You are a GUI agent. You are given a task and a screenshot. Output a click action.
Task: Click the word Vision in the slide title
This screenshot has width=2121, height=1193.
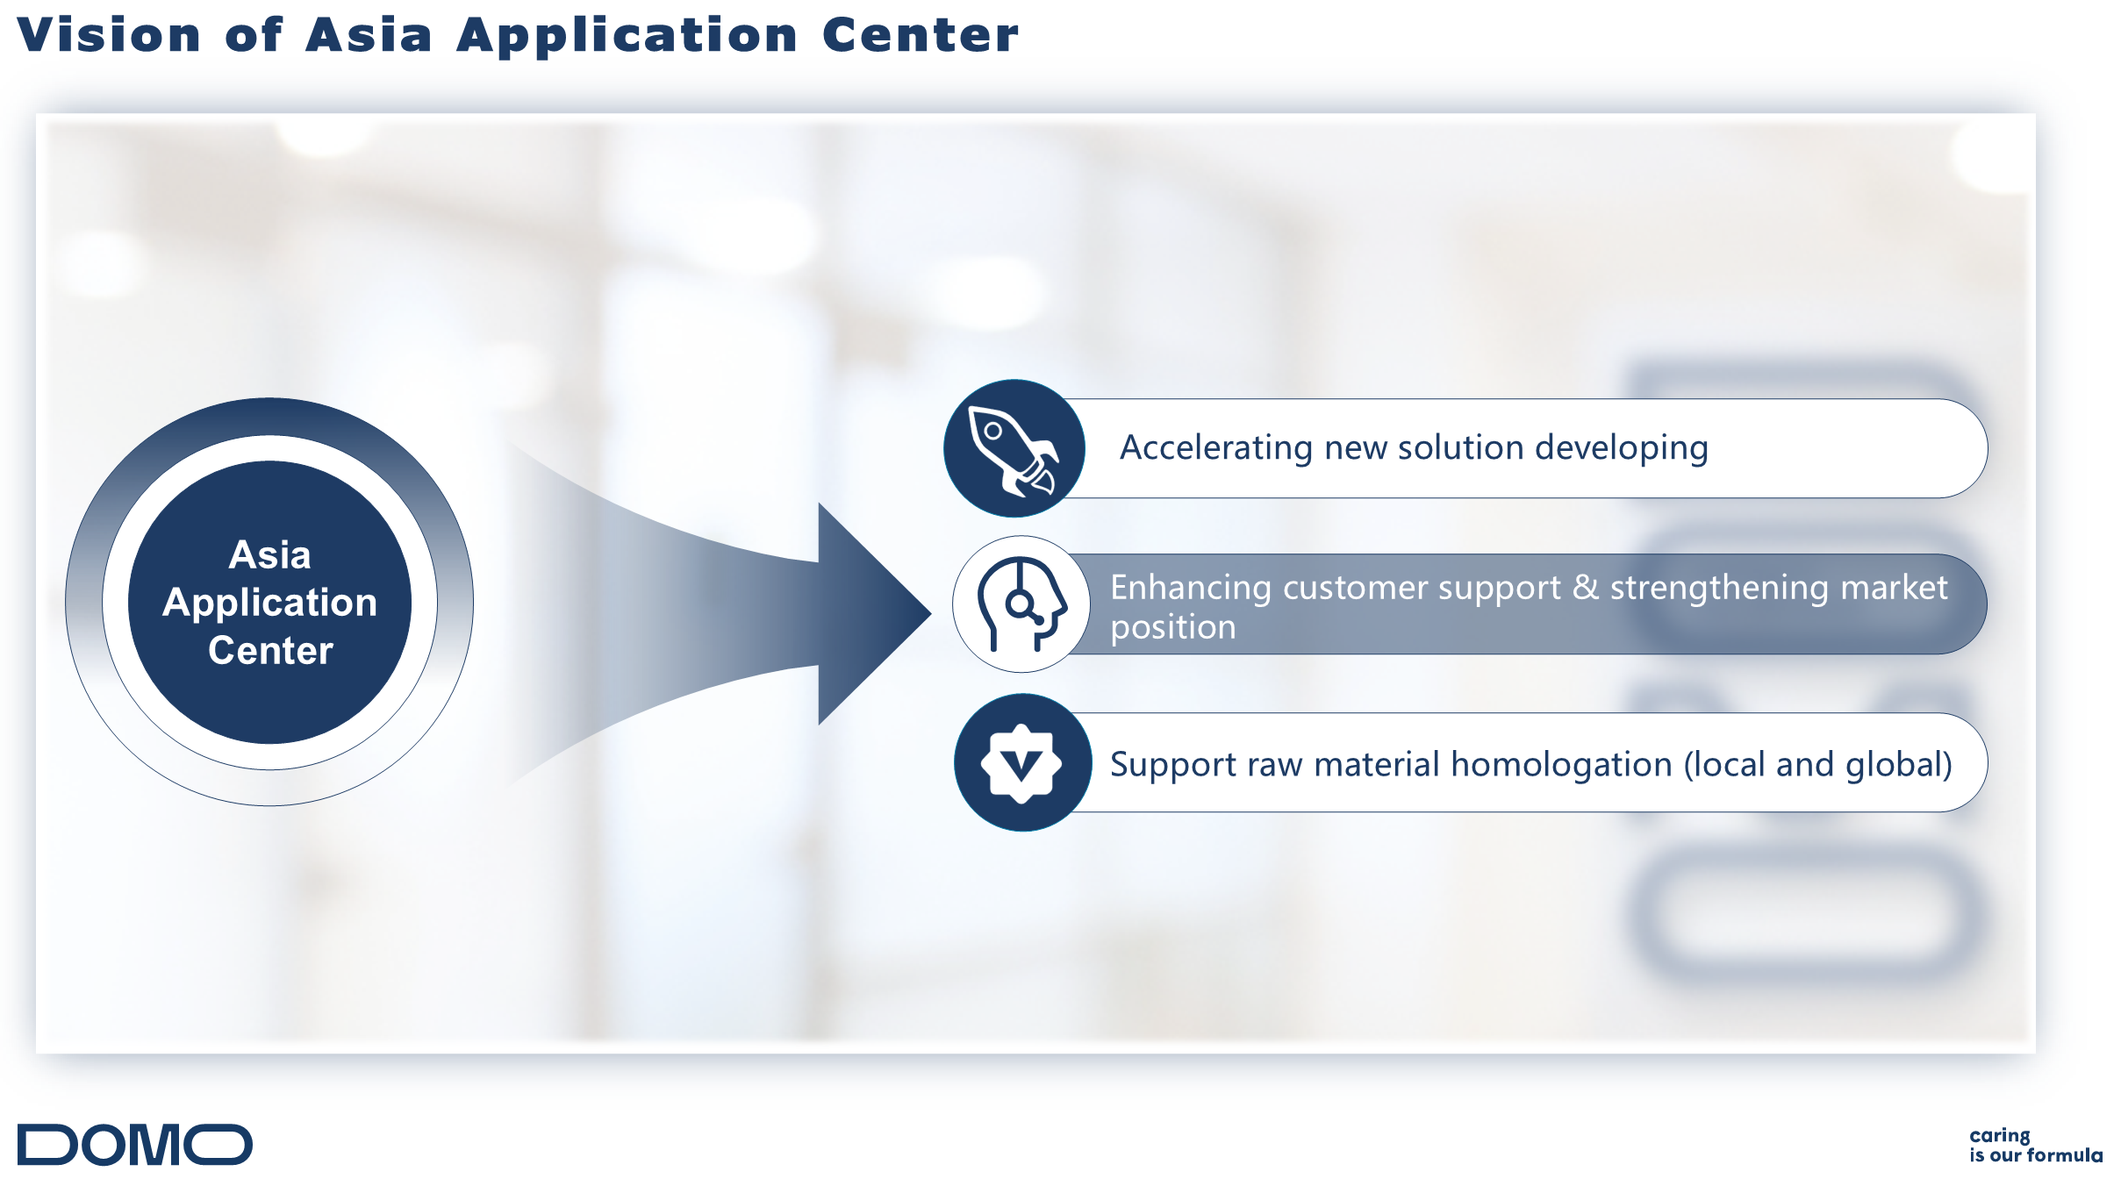[109, 36]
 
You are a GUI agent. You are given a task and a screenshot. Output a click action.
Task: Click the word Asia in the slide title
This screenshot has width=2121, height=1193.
[369, 36]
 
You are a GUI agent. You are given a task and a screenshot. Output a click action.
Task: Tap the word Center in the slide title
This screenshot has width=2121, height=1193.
[921, 36]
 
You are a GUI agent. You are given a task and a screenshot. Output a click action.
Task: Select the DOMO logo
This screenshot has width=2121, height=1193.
[135, 1144]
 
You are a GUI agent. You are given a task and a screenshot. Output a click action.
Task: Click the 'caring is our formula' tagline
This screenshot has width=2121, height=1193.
[2036, 1146]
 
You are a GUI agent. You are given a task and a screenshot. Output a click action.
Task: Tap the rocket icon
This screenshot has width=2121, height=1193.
[1013, 450]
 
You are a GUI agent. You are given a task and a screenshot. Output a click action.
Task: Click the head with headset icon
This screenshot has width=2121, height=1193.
[1021, 604]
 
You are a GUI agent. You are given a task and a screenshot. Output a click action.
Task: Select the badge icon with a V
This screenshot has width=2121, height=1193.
[1021, 763]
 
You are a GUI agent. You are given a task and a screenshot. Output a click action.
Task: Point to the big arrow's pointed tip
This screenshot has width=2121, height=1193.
[931, 613]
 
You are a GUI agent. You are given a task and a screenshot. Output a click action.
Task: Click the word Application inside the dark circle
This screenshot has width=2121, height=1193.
[270, 604]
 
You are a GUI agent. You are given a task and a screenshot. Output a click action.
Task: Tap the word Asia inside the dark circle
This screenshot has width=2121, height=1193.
[270, 555]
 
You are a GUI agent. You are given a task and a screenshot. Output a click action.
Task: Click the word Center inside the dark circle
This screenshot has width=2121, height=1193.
[270, 651]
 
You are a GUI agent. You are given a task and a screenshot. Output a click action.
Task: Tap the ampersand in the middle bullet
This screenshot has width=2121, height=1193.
[1585, 588]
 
